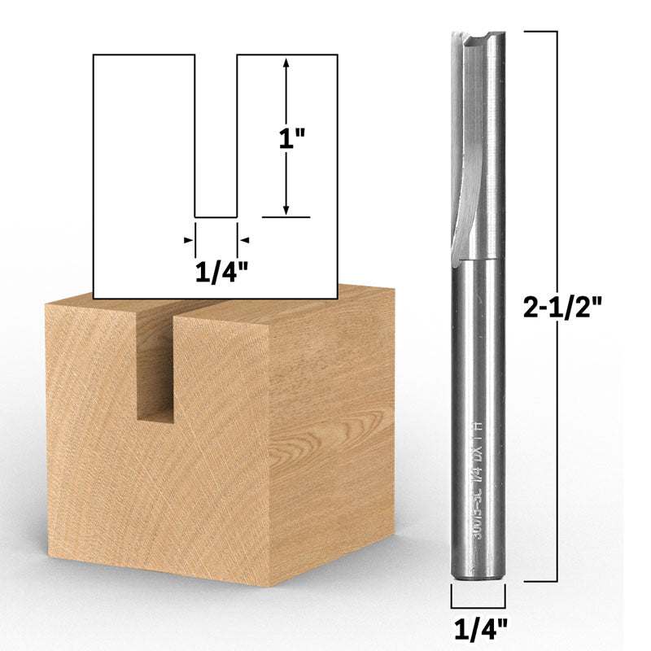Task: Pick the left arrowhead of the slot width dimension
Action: (190, 239)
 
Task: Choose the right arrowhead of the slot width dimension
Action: (242, 239)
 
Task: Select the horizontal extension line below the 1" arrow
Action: (286, 218)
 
